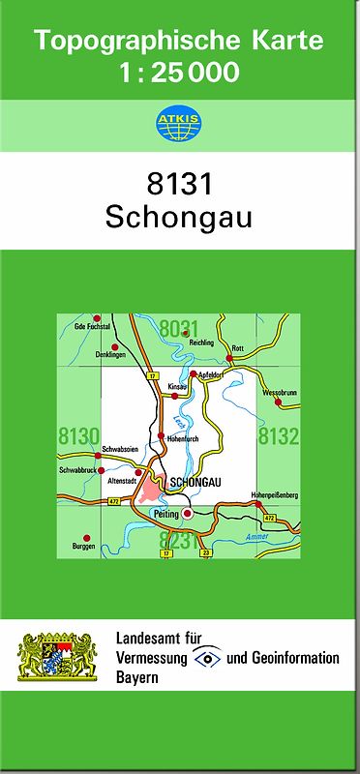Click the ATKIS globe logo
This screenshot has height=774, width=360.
click(x=178, y=123)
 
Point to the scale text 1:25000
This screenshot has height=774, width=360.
click(x=179, y=72)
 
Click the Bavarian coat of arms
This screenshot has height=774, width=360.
click(x=59, y=658)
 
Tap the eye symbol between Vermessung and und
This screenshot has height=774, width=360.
click(x=207, y=659)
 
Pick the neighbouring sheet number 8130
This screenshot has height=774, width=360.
click(x=78, y=436)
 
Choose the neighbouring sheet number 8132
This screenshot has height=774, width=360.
click(x=279, y=436)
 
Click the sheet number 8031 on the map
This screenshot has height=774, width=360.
click(x=179, y=330)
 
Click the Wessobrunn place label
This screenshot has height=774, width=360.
click(x=277, y=393)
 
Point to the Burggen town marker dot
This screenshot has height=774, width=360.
click(x=86, y=536)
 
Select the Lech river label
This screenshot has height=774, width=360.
click(x=177, y=423)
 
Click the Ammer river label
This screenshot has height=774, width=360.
click(x=256, y=536)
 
